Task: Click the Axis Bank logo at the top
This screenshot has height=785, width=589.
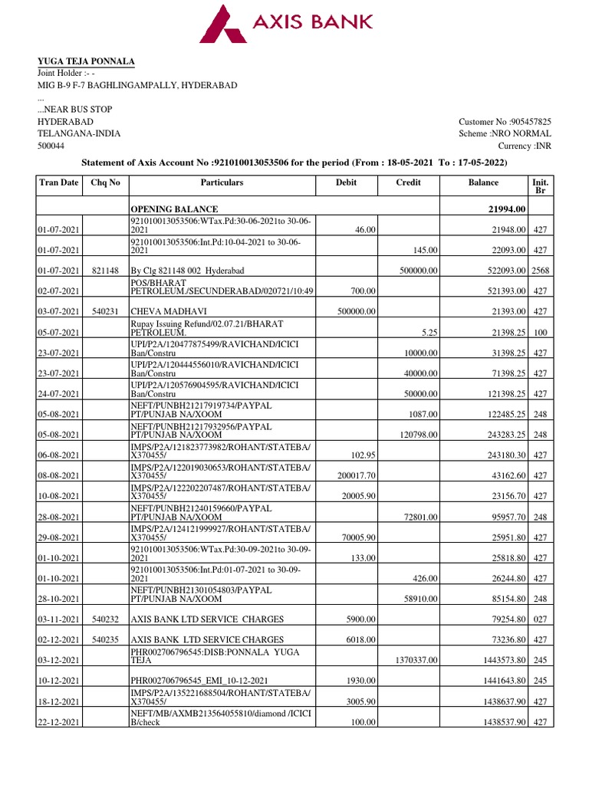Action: pyautogui.click(x=285, y=22)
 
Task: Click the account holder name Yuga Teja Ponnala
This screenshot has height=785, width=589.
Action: pyautogui.click(x=86, y=61)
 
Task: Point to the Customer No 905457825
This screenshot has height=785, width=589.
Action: pyautogui.click(x=505, y=122)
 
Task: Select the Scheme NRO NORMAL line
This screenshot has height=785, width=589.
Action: pyautogui.click(x=505, y=133)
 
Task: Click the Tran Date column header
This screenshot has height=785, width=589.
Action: pyautogui.click(x=58, y=182)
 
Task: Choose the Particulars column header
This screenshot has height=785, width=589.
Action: pyautogui.click(x=222, y=182)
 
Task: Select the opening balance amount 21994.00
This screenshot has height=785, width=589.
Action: pyautogui.click(x=501, y=209)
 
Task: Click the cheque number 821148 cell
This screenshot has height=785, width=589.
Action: pyautogui.click(x=105, y=270)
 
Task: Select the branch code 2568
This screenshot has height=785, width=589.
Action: pyautogui.click(x=541, y=270)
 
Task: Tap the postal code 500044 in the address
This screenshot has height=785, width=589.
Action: pyautogui.click(x=51, y=146)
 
